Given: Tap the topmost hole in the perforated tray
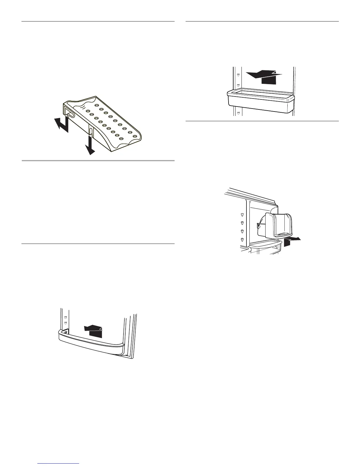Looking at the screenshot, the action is (x=96, y=105).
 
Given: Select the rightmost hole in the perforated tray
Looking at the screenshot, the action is (x=135, y=137).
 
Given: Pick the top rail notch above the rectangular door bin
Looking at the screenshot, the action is (x=239, y=74).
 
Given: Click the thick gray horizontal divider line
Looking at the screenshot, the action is (x=98, y=161).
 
